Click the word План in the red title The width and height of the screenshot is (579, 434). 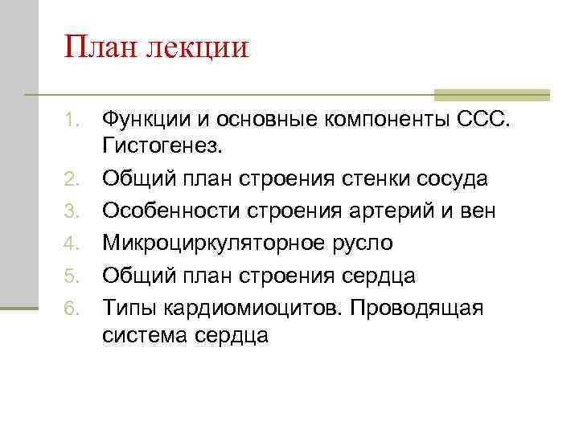coord(101,47)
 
